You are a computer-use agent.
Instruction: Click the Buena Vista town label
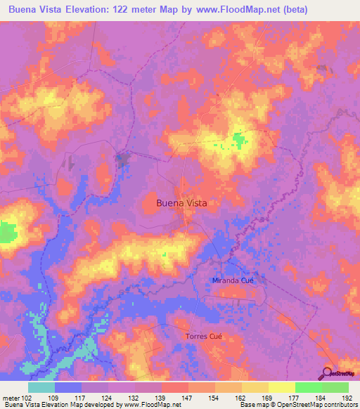coord(182,203)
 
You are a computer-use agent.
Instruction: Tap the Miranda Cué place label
coord(233,280)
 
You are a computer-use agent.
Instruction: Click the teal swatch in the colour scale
coord(41,387)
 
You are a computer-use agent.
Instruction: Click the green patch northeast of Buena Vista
coord(240,141)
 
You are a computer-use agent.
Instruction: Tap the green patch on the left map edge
coord(8,233)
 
